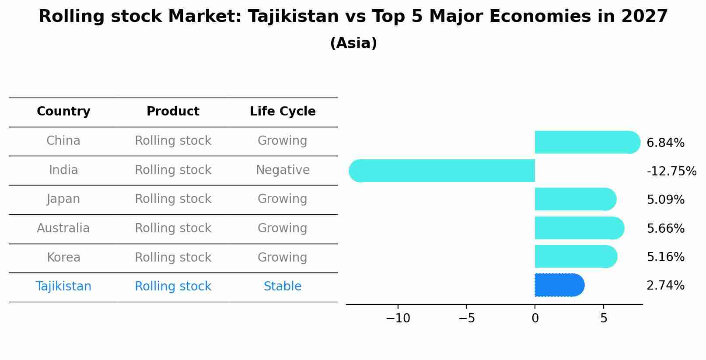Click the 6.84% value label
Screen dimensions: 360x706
(665, 143)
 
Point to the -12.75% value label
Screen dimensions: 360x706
(671, 171)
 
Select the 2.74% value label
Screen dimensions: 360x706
(665, 286)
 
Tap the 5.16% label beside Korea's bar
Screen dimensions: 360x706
(665, 257)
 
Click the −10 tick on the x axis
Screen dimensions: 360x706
(398, 318)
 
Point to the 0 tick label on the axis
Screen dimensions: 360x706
(535, 318)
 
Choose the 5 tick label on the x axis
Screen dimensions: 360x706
(604, 318)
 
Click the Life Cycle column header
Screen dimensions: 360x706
(283, 112)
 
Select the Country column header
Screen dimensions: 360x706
(63, 112)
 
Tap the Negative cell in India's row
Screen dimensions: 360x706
(283, 170)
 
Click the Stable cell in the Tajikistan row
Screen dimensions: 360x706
(283, 287)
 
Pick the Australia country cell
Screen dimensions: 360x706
(63, 228)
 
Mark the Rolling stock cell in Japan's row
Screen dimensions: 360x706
(173, 199)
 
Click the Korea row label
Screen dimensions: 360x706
(63, 258)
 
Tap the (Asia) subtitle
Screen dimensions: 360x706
(353, 43)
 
